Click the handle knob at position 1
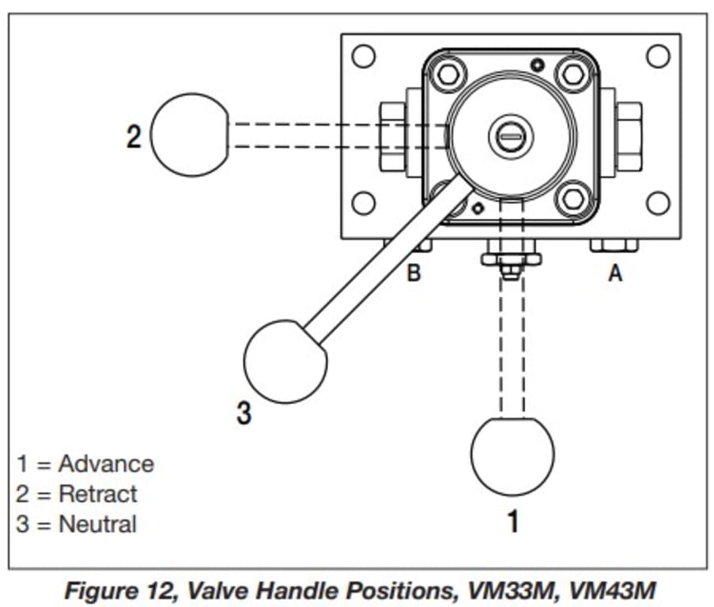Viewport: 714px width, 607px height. click(x=512, y=456)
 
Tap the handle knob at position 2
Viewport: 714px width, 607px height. click(x=190, y=134)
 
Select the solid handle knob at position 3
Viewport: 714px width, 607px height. click(x=285, y=362)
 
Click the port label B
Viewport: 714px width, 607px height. click(x=414, y=273)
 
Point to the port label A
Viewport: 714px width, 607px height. click(x=615, y=273)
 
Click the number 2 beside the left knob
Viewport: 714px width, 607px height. click(x=134, y=136)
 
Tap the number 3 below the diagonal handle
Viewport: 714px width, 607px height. click(x=244, y=413)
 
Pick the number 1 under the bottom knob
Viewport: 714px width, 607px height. click(x=513, y=521)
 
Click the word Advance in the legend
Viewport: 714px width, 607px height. click(x=106, y=464)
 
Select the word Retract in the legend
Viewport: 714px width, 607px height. click(x=98, y=494)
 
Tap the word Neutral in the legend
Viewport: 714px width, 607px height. click(x=97, y=524)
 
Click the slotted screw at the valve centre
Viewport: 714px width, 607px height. click(x=511, y=136)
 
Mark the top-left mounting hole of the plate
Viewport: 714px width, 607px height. click(x=364, y=56)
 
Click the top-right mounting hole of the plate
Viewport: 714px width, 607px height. click(x=658, y=56)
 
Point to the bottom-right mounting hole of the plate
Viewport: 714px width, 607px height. click(x=658, y=203)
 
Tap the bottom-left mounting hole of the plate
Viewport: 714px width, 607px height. click(x=364, y=203)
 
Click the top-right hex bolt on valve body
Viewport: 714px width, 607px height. click(x=572, y=74)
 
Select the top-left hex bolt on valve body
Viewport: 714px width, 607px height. click(x=448, y=74)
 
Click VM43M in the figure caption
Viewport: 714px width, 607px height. click(x=612, y=590)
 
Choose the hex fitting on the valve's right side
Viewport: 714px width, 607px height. click(x=629, y=137)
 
